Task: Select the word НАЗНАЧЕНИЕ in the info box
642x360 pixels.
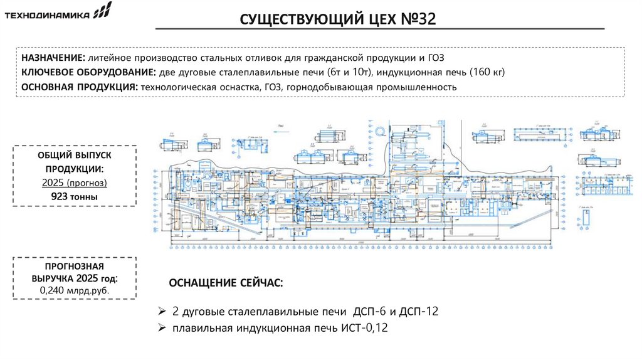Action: (x=50, y=58)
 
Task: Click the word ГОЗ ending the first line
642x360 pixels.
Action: (x=434, y=58)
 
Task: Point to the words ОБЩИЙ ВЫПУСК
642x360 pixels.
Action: (x=75, y=156)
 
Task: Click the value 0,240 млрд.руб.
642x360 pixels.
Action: (x=75, y=292)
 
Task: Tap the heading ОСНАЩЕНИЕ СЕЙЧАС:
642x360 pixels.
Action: (x=226, y=283)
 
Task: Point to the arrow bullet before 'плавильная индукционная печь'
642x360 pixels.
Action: (x=161, y=327)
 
